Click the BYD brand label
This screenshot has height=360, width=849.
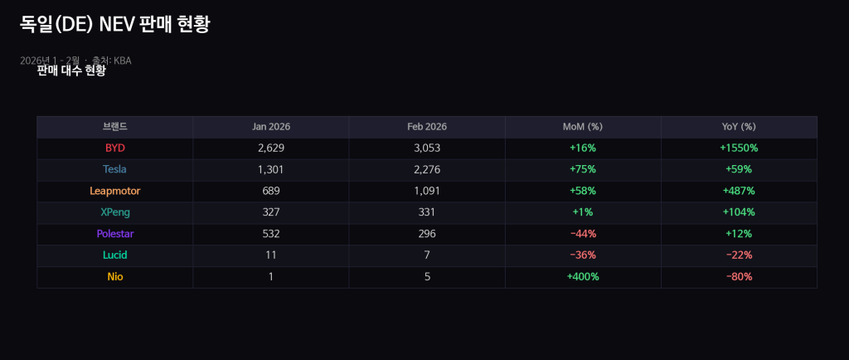click(x=114, y=148)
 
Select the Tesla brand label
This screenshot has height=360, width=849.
click(x=114, y=169)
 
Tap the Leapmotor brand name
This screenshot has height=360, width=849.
click(x=114, y=191)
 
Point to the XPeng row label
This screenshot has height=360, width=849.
click(x=114, y=212)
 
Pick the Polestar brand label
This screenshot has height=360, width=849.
click(x=114, y=234)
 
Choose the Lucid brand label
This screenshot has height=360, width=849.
click(x=114, y=255)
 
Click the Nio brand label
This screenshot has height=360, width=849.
click(x=114, y=276)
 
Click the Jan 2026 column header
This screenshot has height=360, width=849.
click(x=271, y=127)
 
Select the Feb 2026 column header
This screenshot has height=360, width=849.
click(x=427, y=127)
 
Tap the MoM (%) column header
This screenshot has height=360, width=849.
click(x=583, y=127)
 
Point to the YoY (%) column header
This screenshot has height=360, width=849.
click(x=739, y=127)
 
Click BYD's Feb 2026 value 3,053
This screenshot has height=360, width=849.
click(x=427, y=148)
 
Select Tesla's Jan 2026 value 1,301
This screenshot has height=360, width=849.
click(x=271, y=169)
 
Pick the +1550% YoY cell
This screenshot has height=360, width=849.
click(x=739, y=148)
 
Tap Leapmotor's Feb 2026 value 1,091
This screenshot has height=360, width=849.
click(x=427, y=191)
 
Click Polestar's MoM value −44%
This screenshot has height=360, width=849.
click(x=583, y=234)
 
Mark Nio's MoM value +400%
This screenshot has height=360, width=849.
click(x=583, y=276)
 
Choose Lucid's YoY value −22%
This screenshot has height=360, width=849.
click(x=739, y=255)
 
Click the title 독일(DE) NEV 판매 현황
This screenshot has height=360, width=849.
click(x=114, y=25)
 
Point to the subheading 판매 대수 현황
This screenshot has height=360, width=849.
click(x=71, y=71)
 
